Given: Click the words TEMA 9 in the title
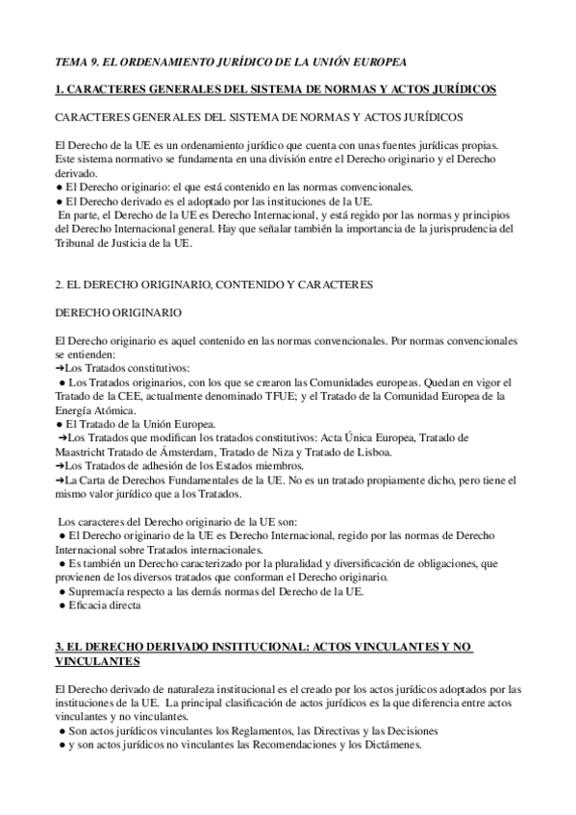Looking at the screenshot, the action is (76, 61).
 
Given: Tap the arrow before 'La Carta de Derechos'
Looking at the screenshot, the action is (60, 480).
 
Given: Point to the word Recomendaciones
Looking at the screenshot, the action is (280, 745).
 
